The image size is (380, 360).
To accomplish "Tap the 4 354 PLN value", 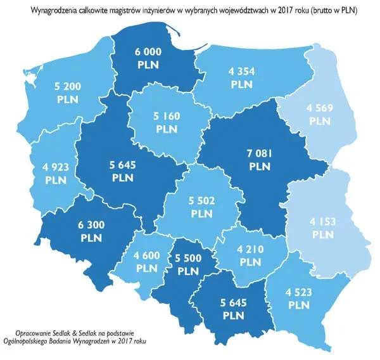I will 242,77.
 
